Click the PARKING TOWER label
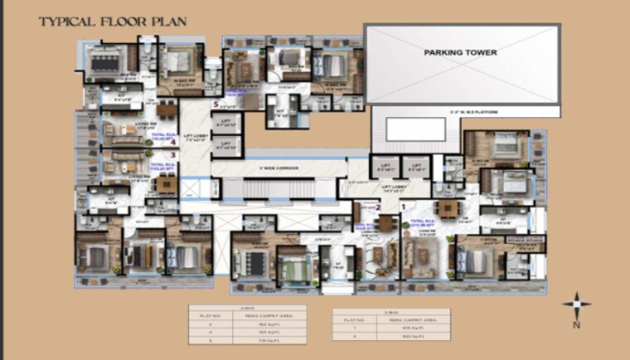(460, 52)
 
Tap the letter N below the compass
(575, 325)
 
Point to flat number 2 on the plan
(378, 207)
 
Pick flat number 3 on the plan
(172, 154)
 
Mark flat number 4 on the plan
(172, 142)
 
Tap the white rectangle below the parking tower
(415, 129)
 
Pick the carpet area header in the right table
(420, 319)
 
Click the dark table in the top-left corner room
(105, 59)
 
